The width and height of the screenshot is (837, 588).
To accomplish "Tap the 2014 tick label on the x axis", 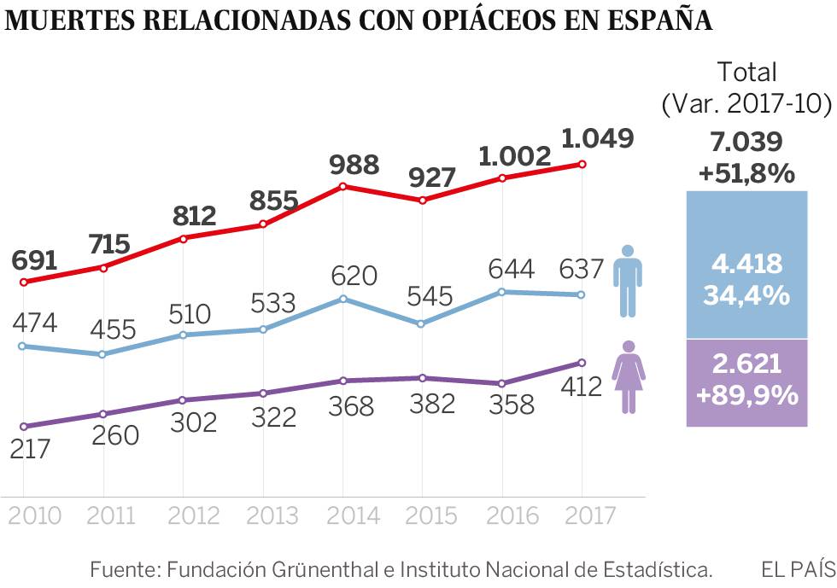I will [343, 516].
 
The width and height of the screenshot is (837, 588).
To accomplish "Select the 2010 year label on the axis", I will [35, 516].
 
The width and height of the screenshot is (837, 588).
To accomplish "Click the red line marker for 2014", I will [342, 186].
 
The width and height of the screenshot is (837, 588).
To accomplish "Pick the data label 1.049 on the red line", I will [598, 139].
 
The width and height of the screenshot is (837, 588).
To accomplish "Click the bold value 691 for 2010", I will [33, 260].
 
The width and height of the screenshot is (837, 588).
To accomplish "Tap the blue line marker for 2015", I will [422, 324].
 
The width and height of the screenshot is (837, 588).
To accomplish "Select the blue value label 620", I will [354, 276].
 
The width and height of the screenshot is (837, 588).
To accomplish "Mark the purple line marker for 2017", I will [582, 363].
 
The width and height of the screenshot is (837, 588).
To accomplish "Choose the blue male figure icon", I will [628, 279].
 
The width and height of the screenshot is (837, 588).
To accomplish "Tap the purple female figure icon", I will [629, 376].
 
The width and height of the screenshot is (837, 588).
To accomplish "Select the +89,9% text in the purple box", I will [746, 396].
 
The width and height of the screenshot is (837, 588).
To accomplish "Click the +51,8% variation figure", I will [746, 173].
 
